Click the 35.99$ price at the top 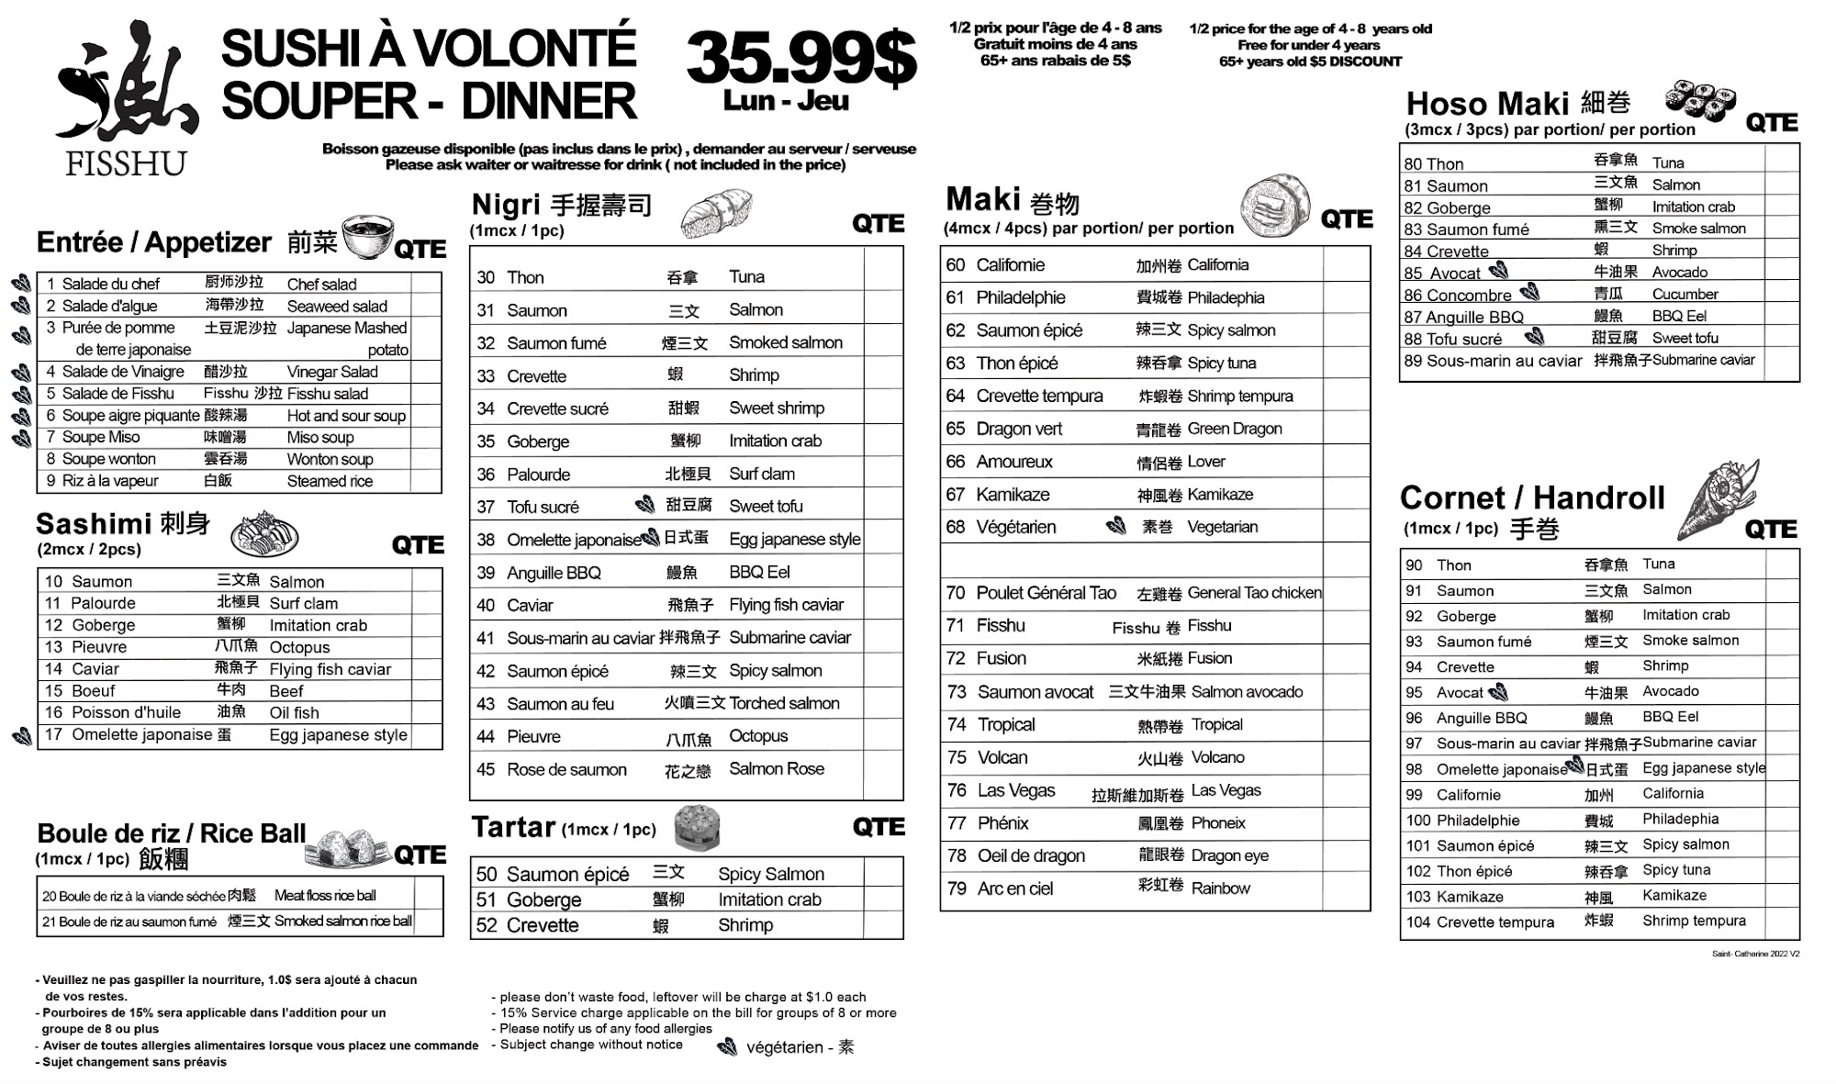[800, 57]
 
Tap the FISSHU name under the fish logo [126, 163]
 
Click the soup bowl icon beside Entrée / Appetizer [367, 237]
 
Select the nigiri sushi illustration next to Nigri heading [716, 213]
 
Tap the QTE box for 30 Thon [883, 276]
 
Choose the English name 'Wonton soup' [330, 459]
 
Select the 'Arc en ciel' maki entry [1014, 888]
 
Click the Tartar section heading [514, 827]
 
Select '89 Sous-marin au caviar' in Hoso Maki [1493, 361]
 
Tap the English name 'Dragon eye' [1229, 855]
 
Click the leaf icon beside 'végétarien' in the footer [727, 1047]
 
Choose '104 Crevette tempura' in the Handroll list [1480, 922]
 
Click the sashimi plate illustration [264, 534]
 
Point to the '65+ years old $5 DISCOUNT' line [1310, 61]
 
